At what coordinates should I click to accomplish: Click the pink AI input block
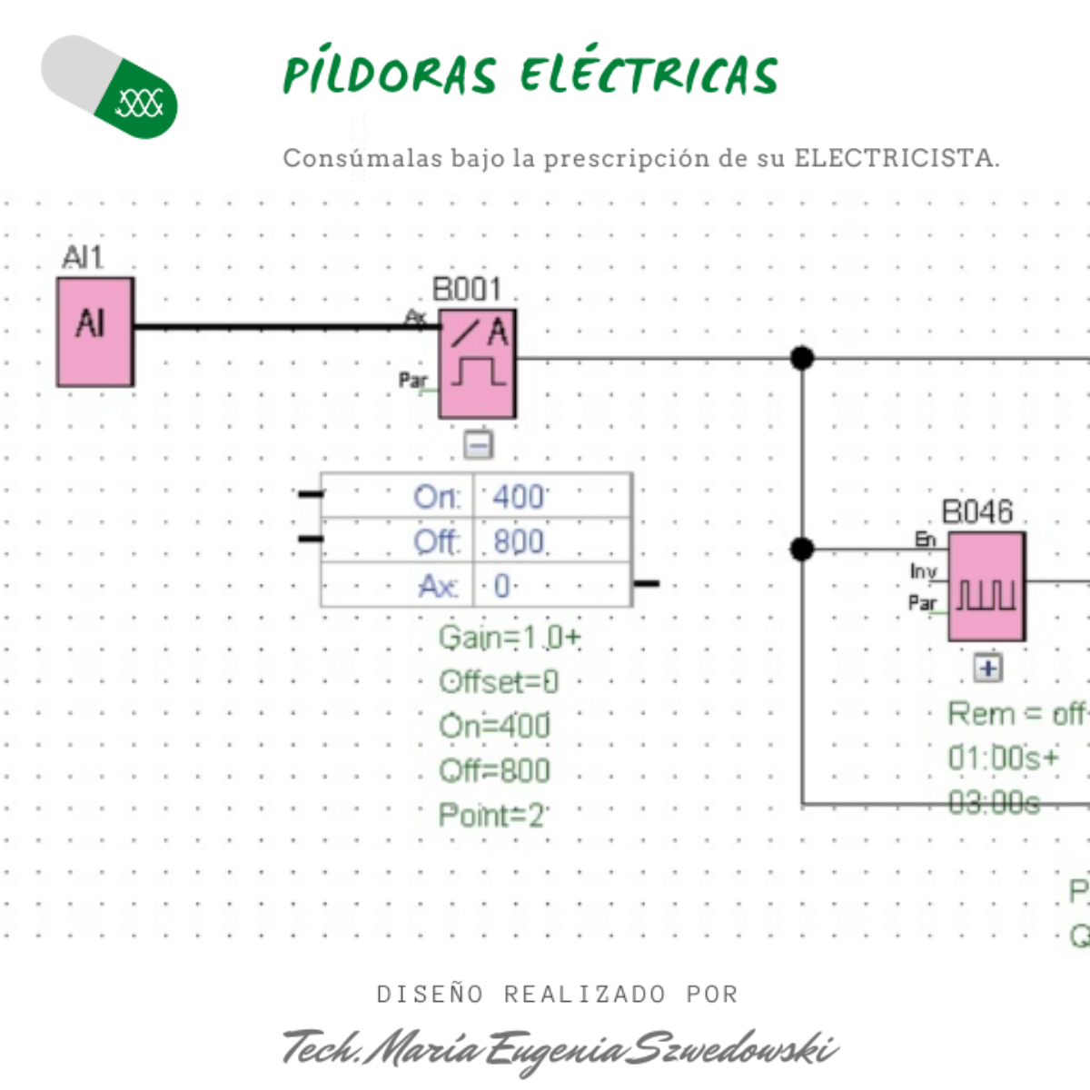[95, 332]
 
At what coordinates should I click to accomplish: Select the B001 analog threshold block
[478, 363]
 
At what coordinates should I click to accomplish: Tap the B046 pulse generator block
[986, 587]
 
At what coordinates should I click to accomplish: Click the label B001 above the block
[467, 290]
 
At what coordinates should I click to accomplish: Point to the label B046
[977, 512]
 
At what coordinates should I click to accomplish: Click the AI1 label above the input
[83, 258]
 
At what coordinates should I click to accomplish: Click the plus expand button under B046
[988, 669]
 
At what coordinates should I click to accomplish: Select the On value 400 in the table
[518, 497]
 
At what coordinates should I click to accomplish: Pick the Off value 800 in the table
[519, 542]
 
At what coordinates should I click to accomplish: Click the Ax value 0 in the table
[502, 586]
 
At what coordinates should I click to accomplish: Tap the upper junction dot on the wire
[802, 358]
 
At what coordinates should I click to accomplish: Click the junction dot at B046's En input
[802, 549]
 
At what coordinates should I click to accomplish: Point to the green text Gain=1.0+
[509, 638]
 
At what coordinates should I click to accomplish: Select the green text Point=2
[490, 815]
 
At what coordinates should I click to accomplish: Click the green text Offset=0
[499, 682]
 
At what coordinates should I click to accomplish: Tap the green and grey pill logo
[109, 87]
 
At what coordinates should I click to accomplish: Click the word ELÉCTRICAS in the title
[649, 74]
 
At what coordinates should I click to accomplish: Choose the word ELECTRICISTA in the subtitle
[895, 158]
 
